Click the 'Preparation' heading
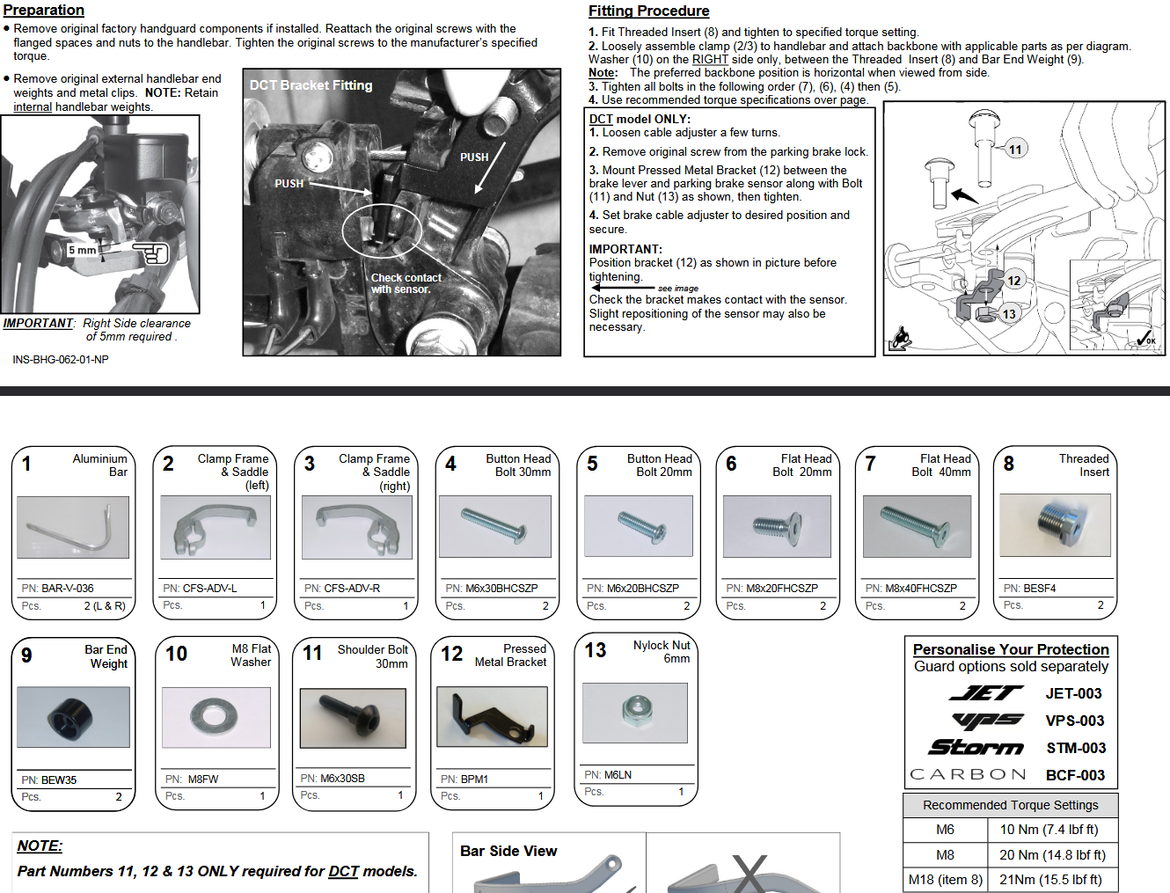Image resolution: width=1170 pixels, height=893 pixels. (43, 10)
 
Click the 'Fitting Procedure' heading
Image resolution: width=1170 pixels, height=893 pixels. (648, 11)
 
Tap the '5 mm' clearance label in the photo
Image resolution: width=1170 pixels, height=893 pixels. (83, 250)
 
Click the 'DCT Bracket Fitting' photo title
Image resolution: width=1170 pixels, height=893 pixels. (311, 85)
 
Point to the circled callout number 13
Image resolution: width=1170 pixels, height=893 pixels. (1008, 314)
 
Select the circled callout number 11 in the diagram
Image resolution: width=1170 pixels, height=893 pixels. (1015, 150)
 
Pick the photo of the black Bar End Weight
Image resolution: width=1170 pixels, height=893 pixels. (73, 717)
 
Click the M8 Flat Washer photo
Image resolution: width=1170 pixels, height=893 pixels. (216, 717)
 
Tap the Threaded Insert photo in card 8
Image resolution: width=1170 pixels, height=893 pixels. (1055, 525)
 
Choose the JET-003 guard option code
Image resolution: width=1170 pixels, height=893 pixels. (1073, 693)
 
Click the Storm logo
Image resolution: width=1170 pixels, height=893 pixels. (976, 748)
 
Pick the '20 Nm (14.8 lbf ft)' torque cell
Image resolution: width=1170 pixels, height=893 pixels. (1052, 854)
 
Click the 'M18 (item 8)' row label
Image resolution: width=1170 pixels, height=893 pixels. (946, 879)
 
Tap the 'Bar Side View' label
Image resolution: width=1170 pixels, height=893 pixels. (508, 851)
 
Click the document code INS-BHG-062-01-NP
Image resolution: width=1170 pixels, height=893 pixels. (61, 360)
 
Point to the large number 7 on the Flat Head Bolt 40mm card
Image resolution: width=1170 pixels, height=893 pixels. (870, 464)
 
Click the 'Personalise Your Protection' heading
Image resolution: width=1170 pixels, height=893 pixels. (1010, 649)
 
